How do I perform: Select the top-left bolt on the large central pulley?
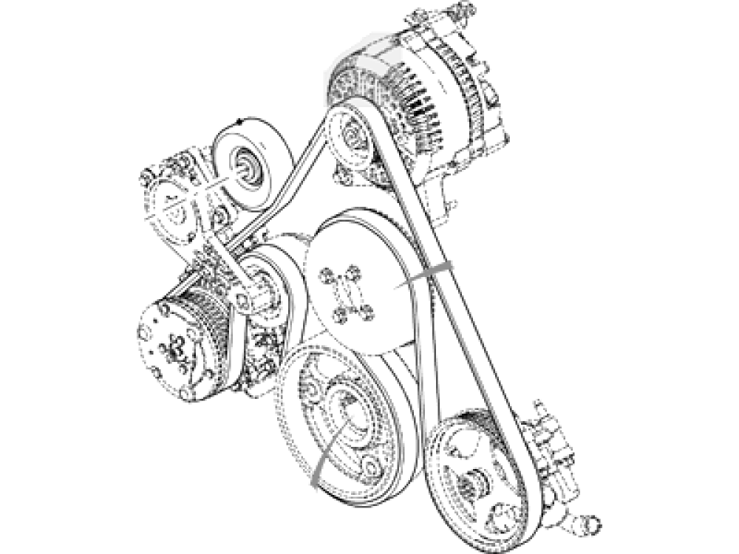tap(324, 276)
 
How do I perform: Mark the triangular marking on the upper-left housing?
tap(175, 211)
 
